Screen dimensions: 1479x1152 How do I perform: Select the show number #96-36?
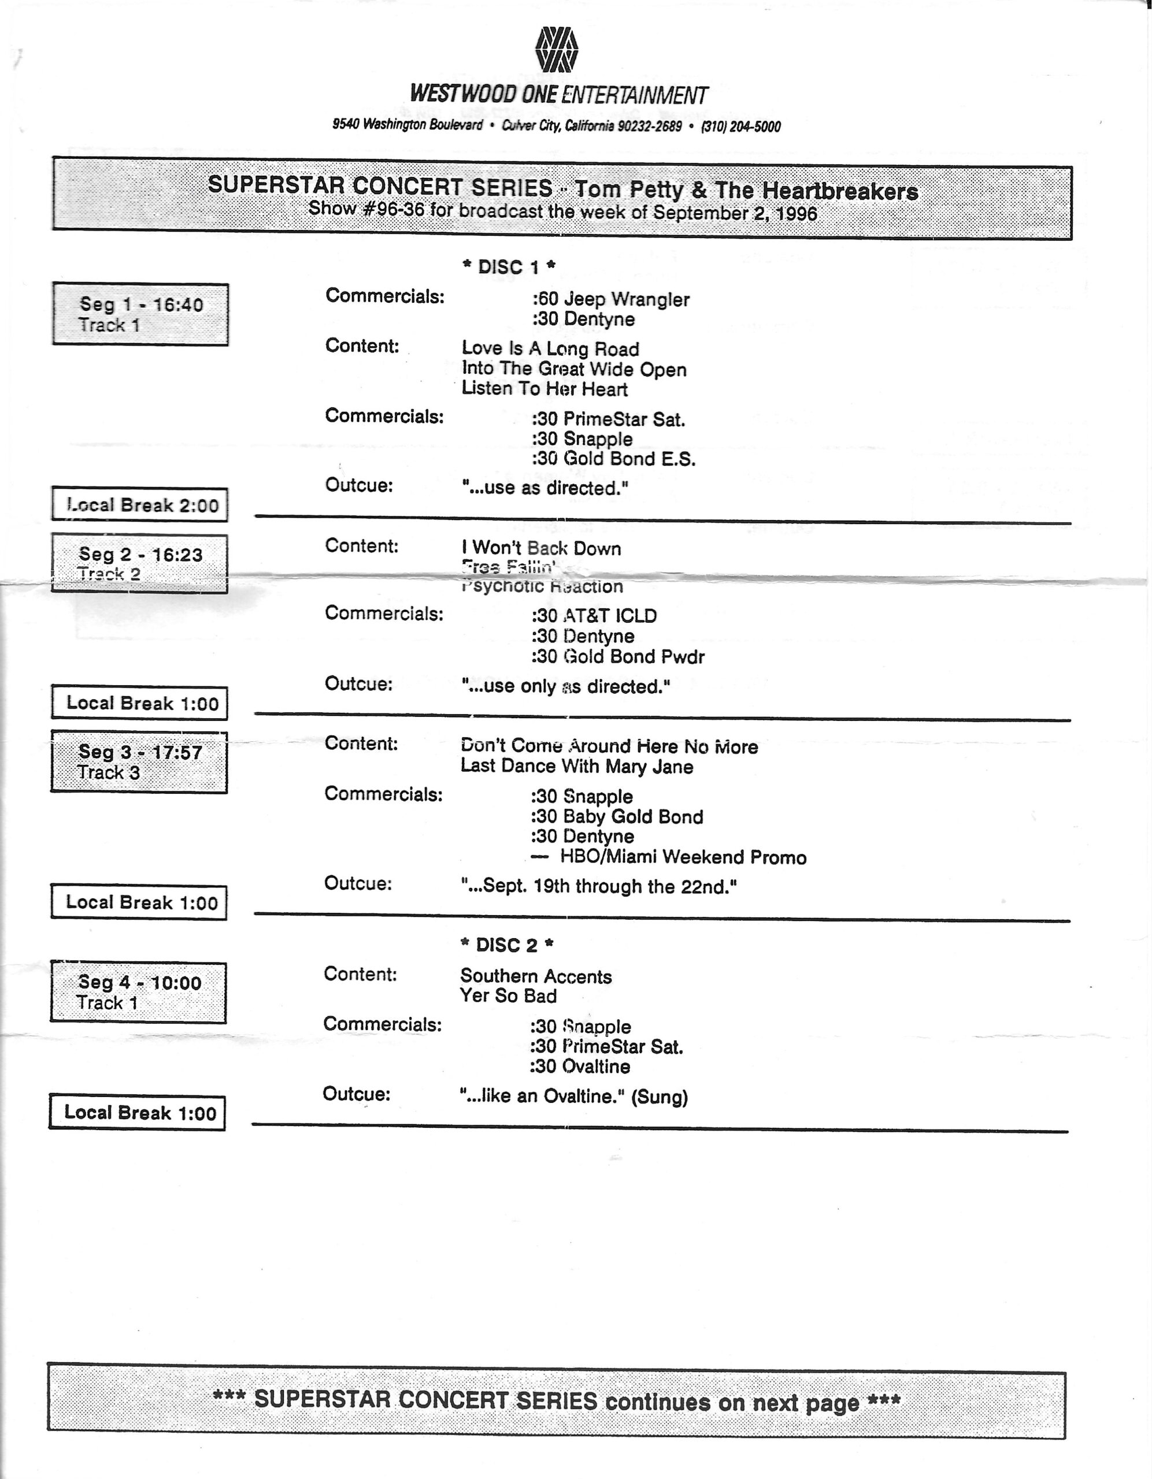394,209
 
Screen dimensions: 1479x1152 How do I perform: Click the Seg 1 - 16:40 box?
140,314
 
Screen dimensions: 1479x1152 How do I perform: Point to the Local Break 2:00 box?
140,505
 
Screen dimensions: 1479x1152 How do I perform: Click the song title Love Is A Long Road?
550,349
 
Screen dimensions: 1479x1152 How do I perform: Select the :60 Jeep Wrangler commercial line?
610,299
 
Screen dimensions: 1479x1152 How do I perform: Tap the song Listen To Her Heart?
545,389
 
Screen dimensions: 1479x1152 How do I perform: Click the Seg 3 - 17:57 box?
139,762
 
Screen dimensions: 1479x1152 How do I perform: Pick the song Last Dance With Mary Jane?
577,767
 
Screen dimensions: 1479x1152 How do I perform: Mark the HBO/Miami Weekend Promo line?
683,857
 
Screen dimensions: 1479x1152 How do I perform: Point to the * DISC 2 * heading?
507,945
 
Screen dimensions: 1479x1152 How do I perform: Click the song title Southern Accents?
536,976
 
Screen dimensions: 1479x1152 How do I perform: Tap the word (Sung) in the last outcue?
660,1097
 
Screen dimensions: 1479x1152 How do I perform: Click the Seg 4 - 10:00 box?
138,993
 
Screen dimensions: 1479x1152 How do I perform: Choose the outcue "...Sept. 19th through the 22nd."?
598,886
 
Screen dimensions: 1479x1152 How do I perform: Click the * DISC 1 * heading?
509,267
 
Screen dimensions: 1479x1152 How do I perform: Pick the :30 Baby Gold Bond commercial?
617,817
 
